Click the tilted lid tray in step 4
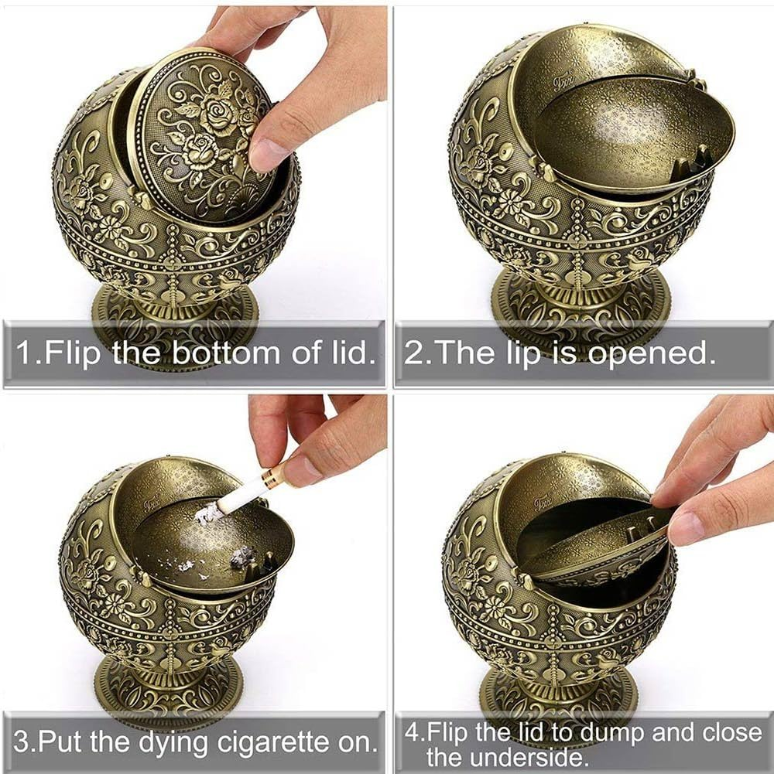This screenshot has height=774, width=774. [596, 549]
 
